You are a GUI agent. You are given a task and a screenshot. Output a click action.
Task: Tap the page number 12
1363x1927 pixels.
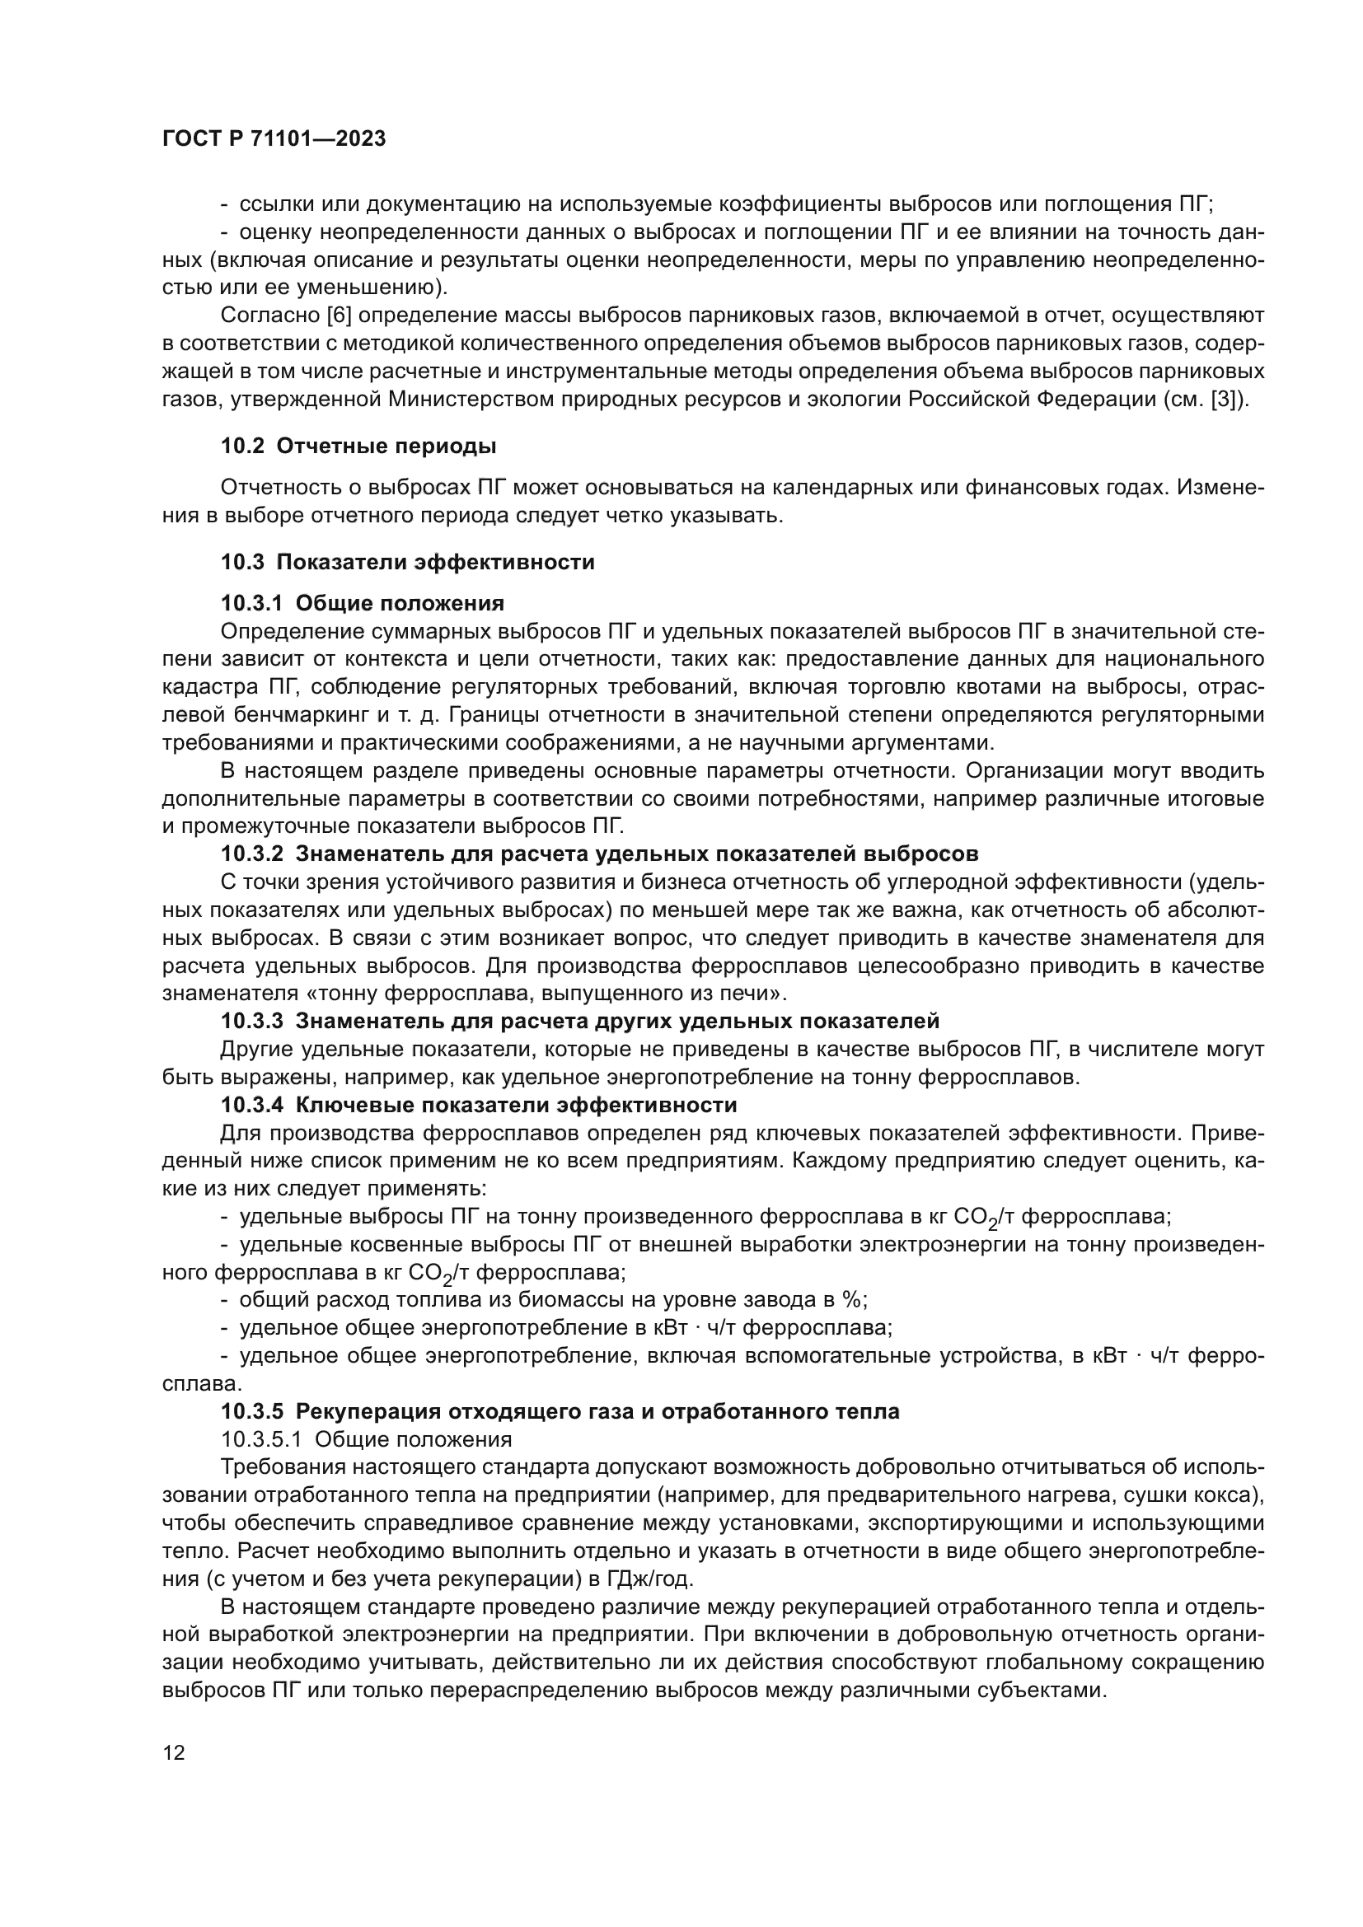pos(174,1753)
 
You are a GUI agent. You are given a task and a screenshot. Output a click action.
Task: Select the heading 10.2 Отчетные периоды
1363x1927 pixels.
pos(358,447)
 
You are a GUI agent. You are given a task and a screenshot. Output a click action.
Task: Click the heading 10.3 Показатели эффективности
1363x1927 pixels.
pos(407,563)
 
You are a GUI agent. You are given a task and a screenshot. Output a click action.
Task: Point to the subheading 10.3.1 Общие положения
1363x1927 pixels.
pos(362,603)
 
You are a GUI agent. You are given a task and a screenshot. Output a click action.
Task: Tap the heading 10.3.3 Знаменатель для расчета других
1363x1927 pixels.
pos(579,1022)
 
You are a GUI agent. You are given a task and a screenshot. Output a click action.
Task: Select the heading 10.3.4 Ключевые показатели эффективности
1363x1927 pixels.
pos(479,1105)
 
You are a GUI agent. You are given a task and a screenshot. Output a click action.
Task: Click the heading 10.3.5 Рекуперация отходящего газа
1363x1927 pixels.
pos(559,1412)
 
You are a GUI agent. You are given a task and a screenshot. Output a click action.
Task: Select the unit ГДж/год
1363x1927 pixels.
pos(649,1579)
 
